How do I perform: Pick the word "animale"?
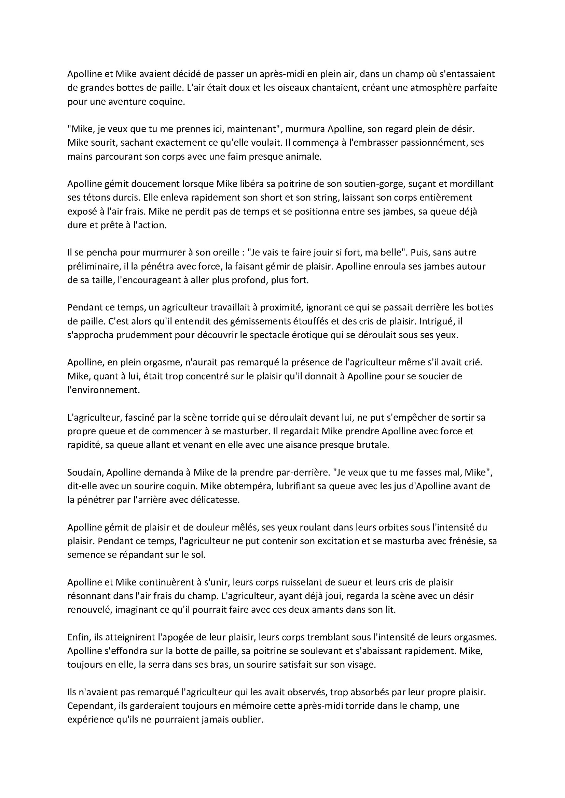tap(303, 157)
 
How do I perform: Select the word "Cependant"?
tap(88, 706)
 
